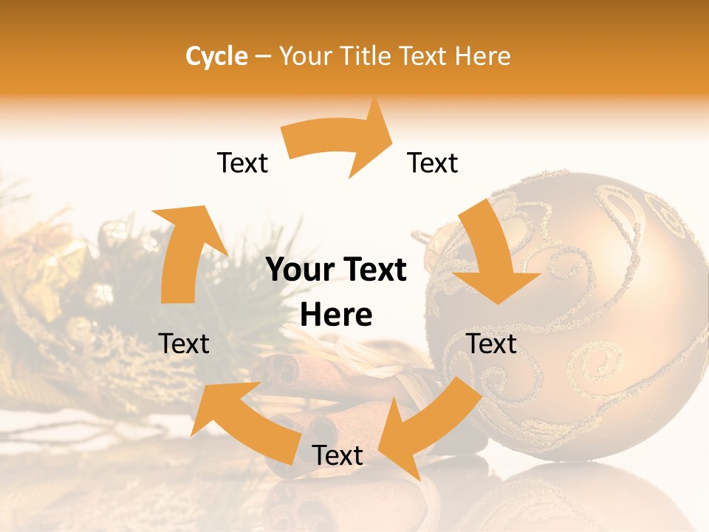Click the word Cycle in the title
(x=216, y=56)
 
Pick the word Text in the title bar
(x=424, y=56)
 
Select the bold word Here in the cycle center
(x=336, y=316)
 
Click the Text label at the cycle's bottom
(x=338, y=456)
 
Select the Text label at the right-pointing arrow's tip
(x=433, y=163)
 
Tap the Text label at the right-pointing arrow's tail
(x=242, y=163)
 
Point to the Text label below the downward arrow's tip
(x=492, y=344)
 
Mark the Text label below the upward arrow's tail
(x=184, y=344)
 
